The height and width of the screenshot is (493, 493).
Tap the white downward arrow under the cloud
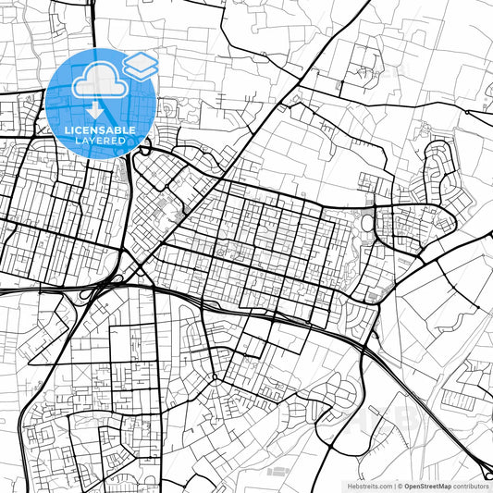[95, 110]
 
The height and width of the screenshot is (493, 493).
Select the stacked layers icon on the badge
[140, 66]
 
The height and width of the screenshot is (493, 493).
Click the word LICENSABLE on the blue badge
[99, 129]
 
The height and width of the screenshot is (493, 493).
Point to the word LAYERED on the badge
[99, 140]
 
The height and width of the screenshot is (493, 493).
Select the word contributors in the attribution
[471, 486]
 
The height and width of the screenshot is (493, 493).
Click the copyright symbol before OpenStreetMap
[400, 486]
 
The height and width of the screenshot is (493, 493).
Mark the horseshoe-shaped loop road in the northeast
[438, 166]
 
